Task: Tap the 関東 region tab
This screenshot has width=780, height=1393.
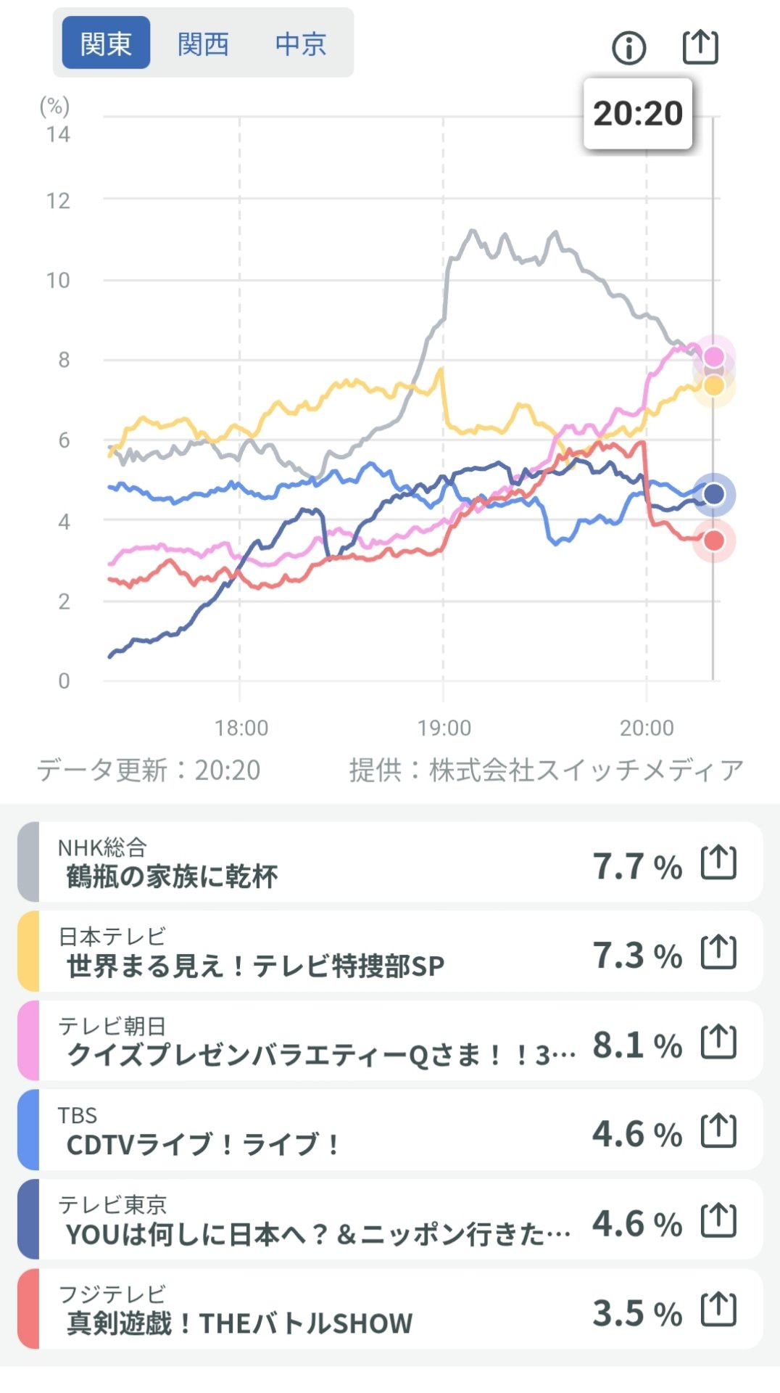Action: coord(106,44)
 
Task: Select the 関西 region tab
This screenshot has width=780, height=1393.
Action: coord(203,44)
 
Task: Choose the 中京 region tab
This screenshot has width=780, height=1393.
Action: coord(300,44)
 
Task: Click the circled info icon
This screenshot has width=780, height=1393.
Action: coord(628,49)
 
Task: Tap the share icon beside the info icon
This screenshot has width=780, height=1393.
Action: coord(700,47)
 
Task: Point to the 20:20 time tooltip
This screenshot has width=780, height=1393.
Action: coord(638,113)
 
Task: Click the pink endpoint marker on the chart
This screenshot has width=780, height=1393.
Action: coord(714,356)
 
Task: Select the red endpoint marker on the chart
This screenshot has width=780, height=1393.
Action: coord(714,541)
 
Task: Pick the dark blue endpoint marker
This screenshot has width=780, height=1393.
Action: coord(714,494)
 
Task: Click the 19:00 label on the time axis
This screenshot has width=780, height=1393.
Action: coord(444,728)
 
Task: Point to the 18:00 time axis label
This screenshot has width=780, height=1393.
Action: coord(241,728)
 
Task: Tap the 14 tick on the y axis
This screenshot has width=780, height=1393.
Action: coord(58,134)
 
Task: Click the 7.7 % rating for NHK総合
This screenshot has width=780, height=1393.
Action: coord(637,866)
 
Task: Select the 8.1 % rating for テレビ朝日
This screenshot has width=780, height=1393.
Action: coord(637,1045)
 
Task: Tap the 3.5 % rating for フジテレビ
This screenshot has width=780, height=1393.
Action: coord(637,1313)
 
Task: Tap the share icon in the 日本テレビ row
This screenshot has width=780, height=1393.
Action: coord(718,953)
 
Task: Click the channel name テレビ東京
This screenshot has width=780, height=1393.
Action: coord(112,1204)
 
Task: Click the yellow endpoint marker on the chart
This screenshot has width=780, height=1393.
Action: coord(714,385)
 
